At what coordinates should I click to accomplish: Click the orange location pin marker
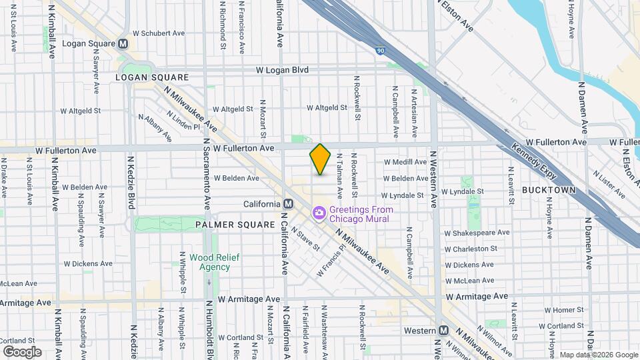coord(321,159)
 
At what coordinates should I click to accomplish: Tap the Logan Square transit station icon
coord(123,44)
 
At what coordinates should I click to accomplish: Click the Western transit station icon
coord(443,331)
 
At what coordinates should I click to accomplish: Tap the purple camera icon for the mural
coord(319,213)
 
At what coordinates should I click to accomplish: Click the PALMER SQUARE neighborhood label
coord(235,225)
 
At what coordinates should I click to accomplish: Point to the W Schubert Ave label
coord(159,33)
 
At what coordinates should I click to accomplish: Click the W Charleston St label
coord(471,249)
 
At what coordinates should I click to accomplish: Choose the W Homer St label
coord(564,310)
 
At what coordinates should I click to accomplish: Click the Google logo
coord(22,351)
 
